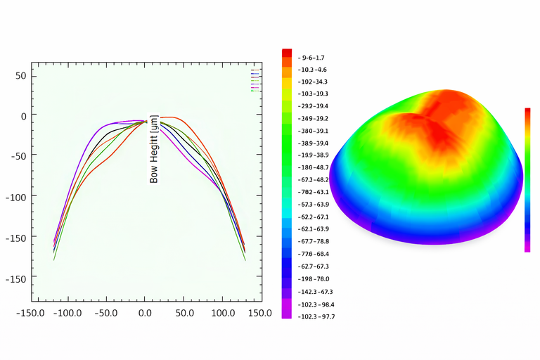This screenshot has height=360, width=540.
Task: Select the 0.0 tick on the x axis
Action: pyautogui.click(x=145, y=312)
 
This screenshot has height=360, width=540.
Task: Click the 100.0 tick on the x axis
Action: pyautogui.click(x=224, y=312)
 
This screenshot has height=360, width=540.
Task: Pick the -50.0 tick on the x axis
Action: pyautogui.click(x=105, y=312)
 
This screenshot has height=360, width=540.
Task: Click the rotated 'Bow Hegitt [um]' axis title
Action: pyautogui.click(x=155, y=149)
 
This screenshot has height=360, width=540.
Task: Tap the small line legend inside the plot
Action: pyautogui.click(x=255, y=80)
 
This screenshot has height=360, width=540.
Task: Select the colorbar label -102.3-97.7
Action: pyautogui.click(x=316, y=316)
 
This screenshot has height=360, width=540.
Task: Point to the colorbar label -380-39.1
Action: pyautogui.click(x=313, y=131)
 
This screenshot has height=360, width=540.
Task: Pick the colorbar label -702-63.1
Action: pyautogui.click(x=313, y=191)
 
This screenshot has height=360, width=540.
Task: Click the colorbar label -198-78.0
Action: pyautogui.click(x=313, y=279)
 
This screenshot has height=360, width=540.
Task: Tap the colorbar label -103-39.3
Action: pyautogui.click(x=313, y=94)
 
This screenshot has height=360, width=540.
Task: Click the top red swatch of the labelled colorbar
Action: pyautogui.click(x=287, y=53)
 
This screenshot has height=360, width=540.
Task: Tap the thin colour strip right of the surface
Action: pyautogui.click(x=527, y=179)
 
